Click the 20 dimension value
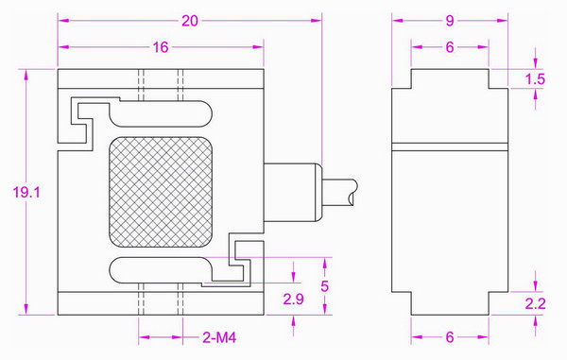190,21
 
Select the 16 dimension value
161,47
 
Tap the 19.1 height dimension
26,192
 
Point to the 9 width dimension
450,21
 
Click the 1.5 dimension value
535,78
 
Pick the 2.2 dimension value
535,303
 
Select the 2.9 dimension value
293,300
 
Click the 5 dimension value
324,286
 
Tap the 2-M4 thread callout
219,337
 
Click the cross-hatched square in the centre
161,192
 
